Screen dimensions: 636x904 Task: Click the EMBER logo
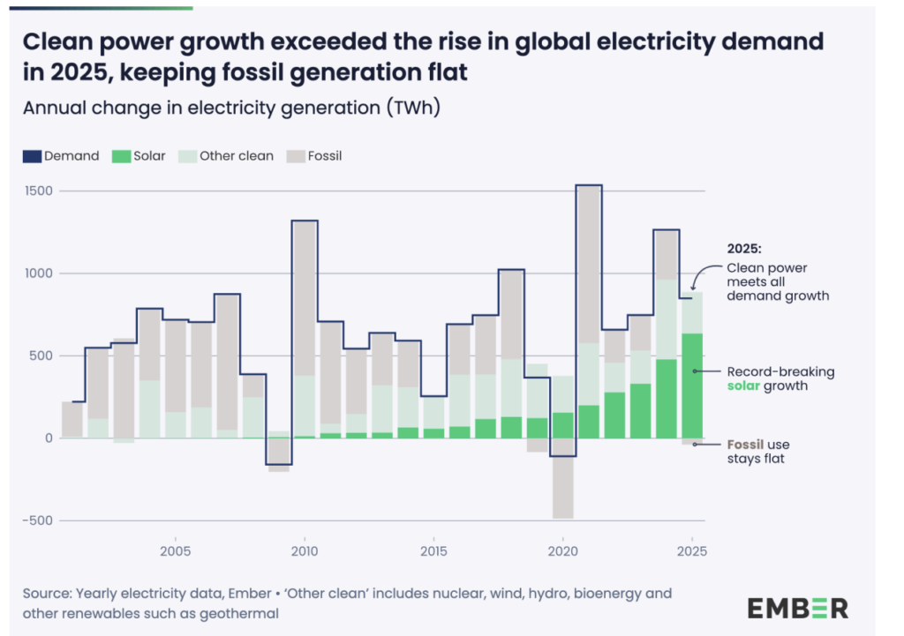(x=797, y=608)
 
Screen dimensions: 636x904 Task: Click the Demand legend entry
(x=61, y=156)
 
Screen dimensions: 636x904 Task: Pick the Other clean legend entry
(x=226, y=156)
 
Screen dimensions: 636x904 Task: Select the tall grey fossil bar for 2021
(x=589, y=265)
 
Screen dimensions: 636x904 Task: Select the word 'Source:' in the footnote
(x=47, y=593)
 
